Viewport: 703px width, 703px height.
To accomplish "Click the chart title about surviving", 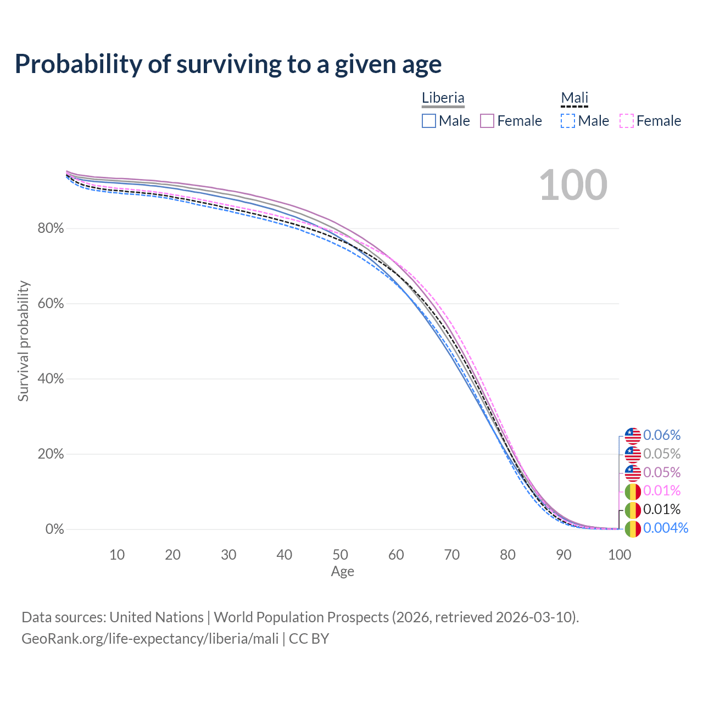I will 228,64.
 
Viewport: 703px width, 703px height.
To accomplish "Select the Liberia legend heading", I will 443,98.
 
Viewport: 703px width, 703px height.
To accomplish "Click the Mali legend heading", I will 574,98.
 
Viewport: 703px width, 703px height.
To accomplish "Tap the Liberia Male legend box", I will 429,121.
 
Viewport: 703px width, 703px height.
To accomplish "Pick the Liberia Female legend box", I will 487,121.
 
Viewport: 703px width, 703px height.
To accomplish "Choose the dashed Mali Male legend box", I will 568,121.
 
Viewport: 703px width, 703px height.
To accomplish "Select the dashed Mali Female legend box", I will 627,121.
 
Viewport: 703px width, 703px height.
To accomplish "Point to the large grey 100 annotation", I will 573,185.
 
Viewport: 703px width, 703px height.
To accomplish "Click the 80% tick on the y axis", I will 51,228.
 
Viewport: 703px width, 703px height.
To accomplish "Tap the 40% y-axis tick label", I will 51,379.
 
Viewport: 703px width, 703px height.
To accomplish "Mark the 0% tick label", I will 54,529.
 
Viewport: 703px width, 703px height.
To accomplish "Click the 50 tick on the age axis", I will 340,555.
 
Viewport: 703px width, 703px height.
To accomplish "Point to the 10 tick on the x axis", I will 117,555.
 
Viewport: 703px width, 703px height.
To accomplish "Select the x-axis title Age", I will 342,572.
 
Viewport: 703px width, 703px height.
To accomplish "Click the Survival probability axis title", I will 23,341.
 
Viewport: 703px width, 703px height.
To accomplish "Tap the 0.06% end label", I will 662,436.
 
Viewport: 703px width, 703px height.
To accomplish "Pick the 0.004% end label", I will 665,528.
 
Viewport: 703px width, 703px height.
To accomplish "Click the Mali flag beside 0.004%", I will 633,529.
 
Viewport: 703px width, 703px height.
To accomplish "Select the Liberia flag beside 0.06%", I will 633,436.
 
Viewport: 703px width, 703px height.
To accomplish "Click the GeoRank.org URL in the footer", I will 150,639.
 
